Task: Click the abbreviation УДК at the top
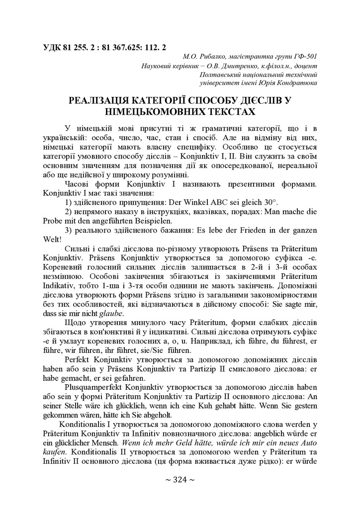pos(54,48)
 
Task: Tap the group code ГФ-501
pos(301,57)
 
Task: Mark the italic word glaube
pos(112,313)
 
